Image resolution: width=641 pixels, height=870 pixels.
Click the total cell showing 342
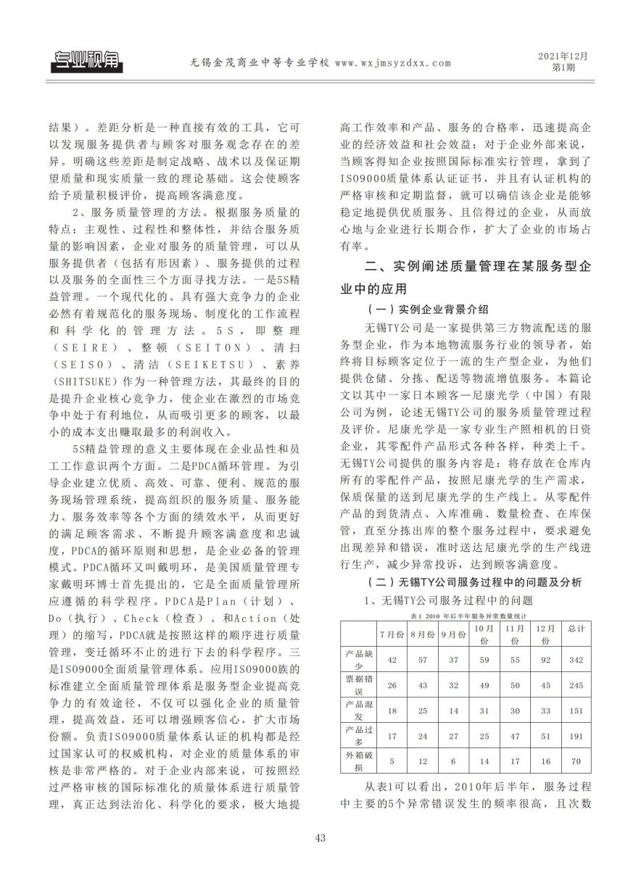coord(576,658)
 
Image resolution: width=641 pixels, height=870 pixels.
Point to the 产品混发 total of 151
coord(576,710)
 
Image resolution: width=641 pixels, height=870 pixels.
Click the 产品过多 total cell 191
coord(576,736)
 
